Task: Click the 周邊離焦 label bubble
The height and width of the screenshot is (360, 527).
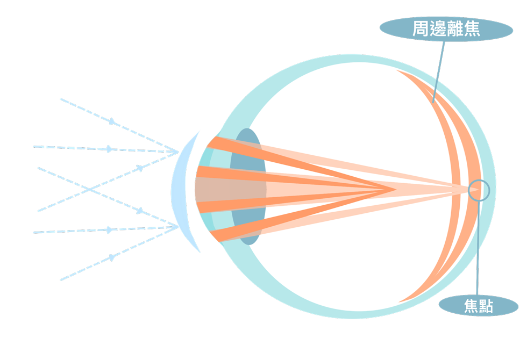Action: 446,30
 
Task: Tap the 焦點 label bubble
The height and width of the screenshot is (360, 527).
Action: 478,306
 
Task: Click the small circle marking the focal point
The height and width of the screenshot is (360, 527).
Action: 478,190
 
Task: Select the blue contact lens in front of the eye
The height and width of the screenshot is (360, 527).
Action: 181,191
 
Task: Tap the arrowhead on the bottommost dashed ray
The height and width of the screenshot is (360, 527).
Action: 112,257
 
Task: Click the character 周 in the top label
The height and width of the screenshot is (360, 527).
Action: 421,30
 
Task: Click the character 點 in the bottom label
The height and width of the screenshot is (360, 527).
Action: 486,306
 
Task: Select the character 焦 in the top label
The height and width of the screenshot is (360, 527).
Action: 472,30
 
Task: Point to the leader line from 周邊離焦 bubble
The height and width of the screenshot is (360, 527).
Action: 439,70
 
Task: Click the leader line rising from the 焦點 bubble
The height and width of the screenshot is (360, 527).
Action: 478,247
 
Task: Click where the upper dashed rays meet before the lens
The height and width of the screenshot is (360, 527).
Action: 178,152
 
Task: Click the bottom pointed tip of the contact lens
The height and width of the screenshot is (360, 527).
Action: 200,252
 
